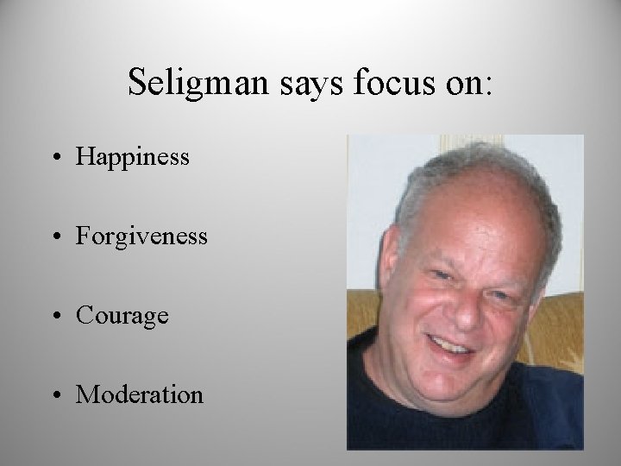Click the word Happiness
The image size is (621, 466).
click(x=132, y=156)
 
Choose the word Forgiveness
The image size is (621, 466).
click(x=141, y=236)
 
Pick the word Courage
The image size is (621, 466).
click(x=122, y=315)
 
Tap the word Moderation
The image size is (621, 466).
click(x=140, y=395)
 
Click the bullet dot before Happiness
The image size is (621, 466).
click(x=58, y=158)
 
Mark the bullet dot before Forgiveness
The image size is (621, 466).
click(x=58, y=237)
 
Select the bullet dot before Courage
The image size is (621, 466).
click(x=58, y=317)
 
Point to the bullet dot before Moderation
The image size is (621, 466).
click(x=58, y=397)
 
